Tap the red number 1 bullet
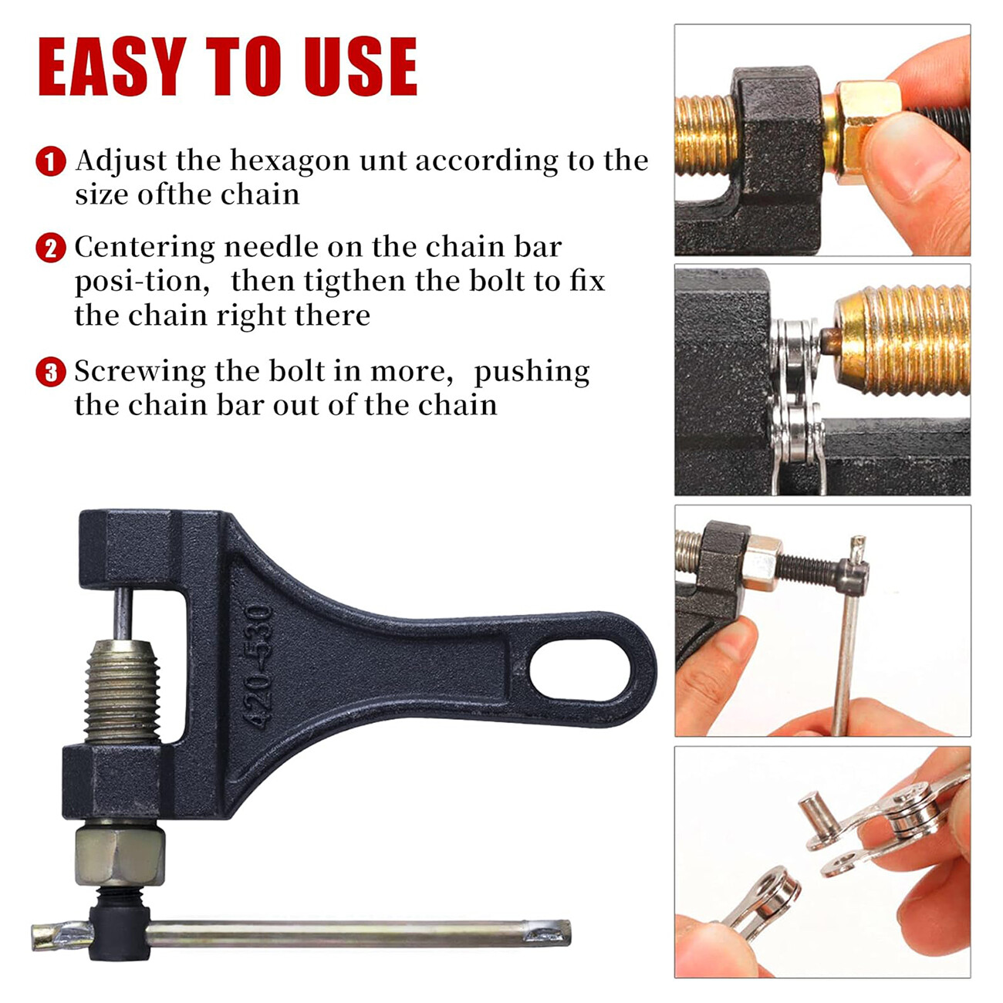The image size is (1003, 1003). pyautogui.click(x=51, y=162)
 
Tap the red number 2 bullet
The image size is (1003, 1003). pyautogui.click(x=51, y=248)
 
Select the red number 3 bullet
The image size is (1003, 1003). pyautogui.click(x=51, y=373)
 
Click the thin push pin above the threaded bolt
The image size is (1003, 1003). pyautogui.click(x=122, y=613)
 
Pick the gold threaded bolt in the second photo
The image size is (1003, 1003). pyautogui.click(x=903, y=339)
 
